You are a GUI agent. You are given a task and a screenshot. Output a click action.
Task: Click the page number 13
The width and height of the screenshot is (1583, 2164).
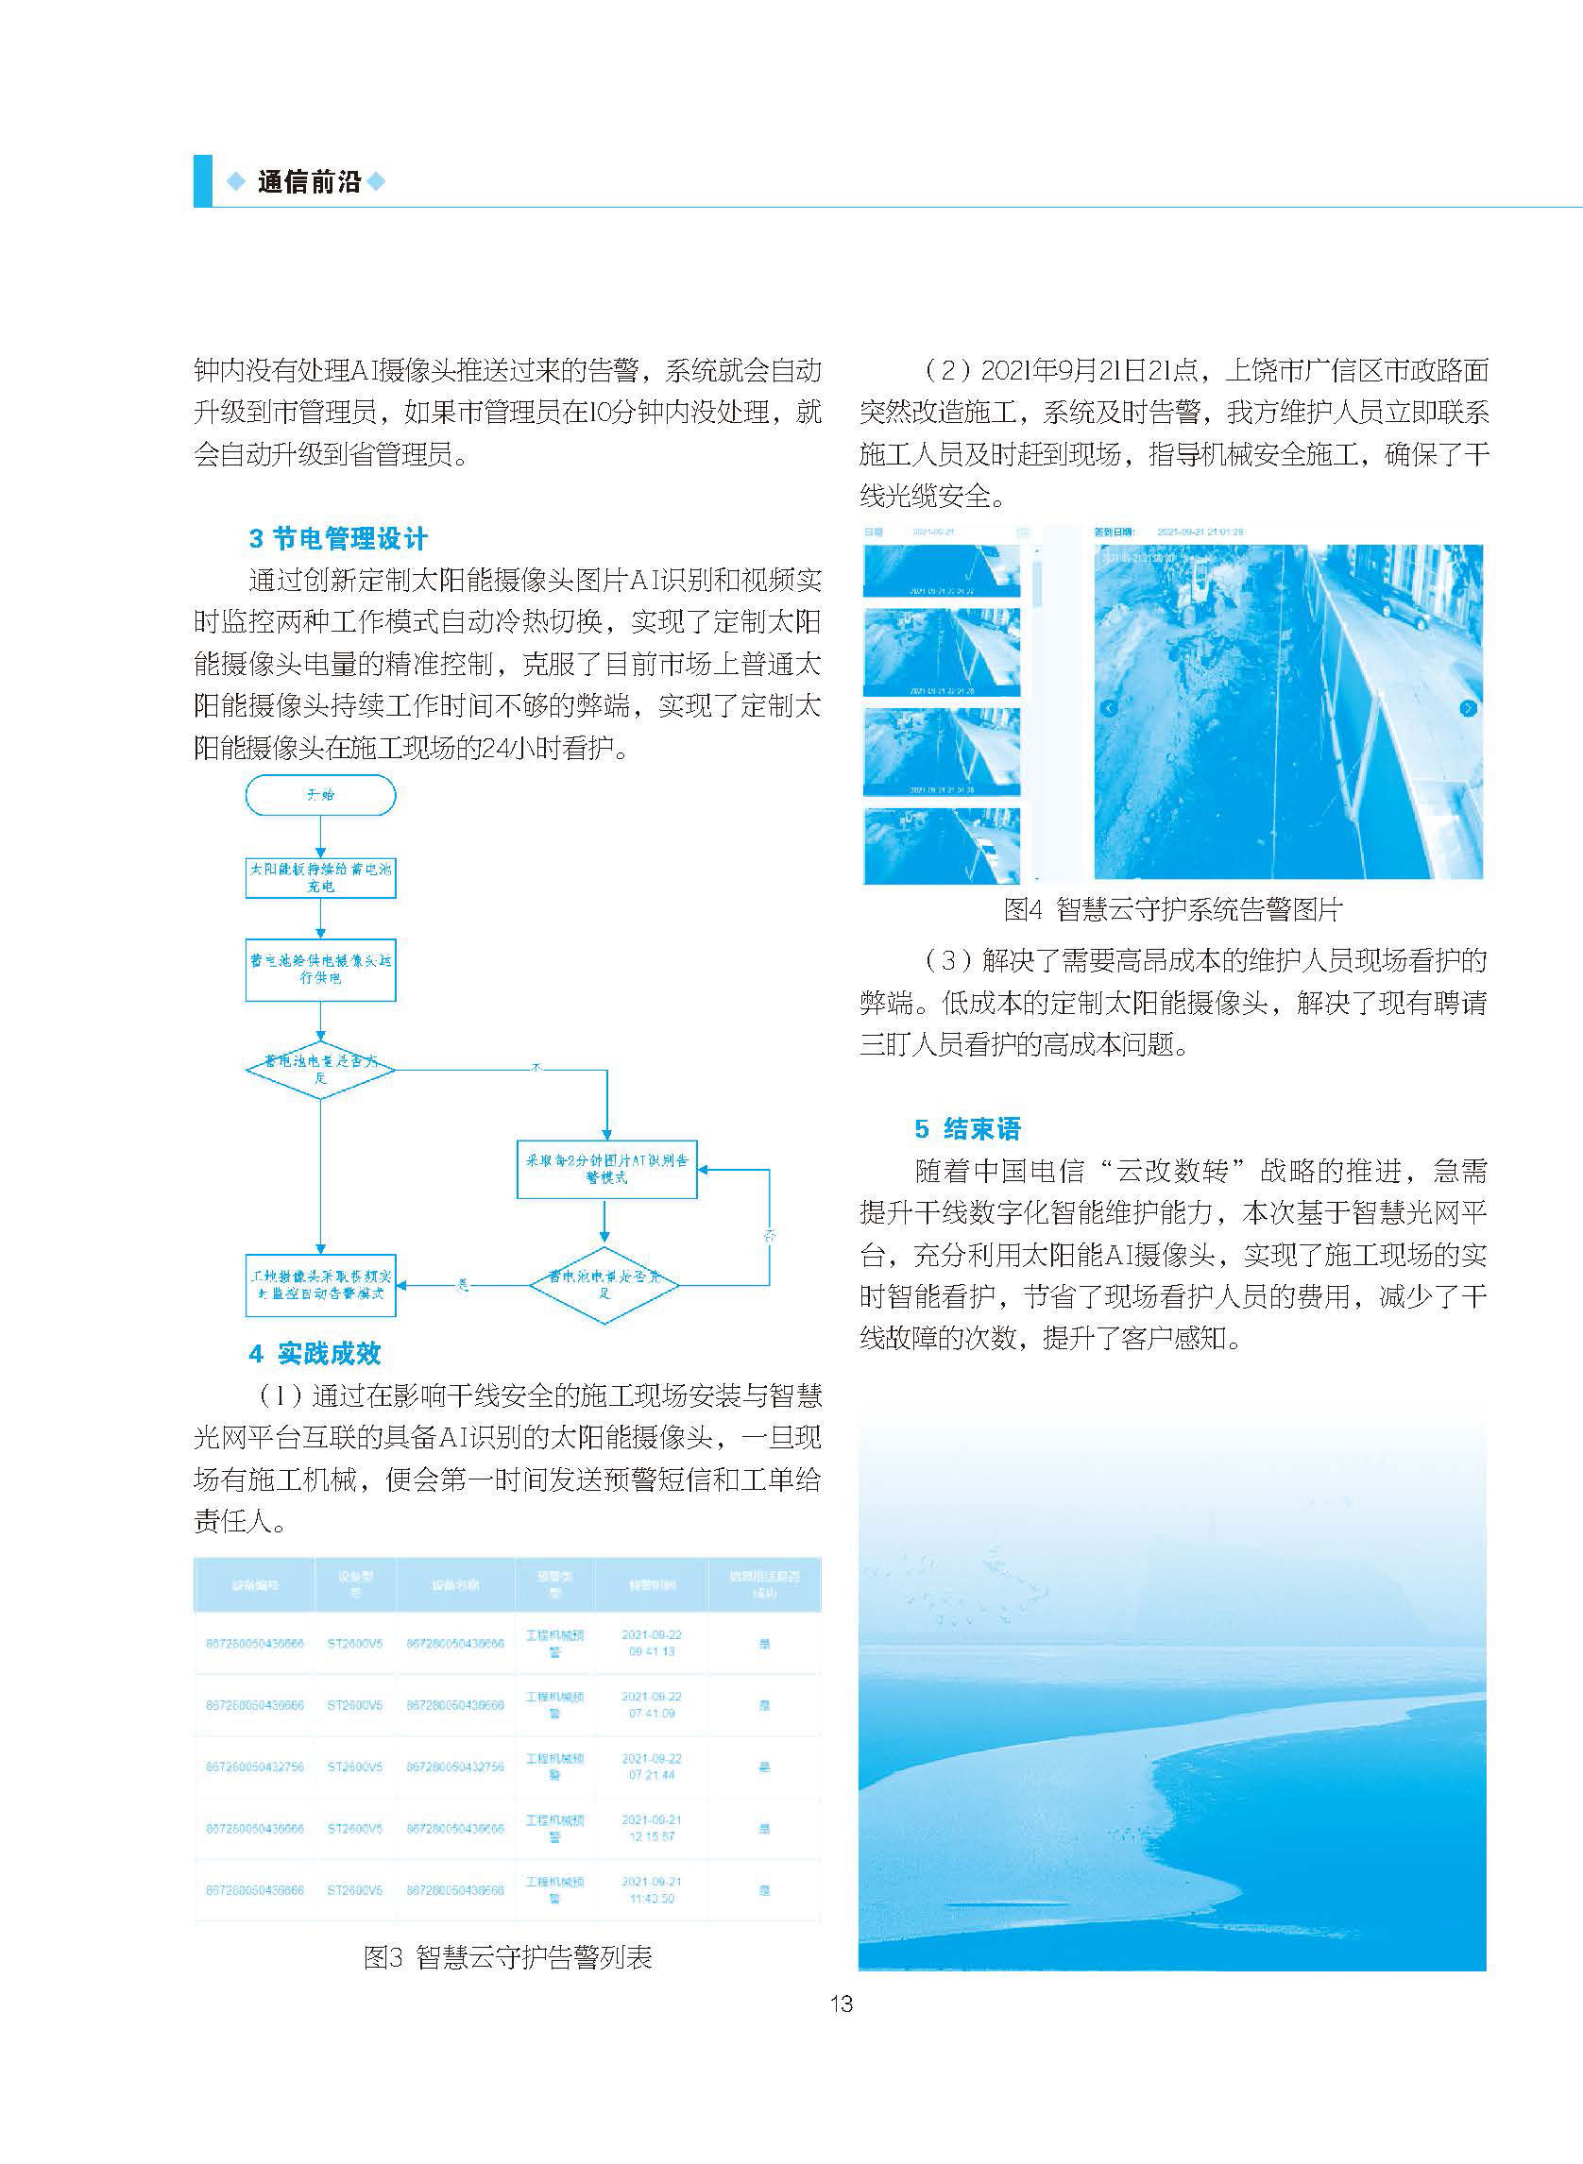(841, 2003)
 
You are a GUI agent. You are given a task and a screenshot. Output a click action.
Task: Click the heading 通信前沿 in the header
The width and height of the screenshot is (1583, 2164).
(309, 182)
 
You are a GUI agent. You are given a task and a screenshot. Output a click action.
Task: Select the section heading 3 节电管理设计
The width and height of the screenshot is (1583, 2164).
(338, 538)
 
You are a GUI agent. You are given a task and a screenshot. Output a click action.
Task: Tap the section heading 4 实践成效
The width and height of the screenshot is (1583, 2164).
(315, 1354)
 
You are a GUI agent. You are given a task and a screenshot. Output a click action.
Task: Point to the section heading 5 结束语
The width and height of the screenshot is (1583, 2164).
(968, 1128)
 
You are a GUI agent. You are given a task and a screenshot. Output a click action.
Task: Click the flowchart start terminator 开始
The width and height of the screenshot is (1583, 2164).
(320, 795)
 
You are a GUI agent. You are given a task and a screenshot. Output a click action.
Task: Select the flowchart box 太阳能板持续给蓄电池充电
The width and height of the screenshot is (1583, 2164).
(320, 877)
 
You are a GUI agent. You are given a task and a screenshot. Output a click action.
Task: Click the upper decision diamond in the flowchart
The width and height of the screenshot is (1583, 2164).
(320, 1069)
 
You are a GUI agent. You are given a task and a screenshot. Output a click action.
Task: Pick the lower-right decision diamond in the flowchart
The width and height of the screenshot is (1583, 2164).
(604, 1285)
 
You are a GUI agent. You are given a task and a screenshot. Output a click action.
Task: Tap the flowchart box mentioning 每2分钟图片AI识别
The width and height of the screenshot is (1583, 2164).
(606, 1169)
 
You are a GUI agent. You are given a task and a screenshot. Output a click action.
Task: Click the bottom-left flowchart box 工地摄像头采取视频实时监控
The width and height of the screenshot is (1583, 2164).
(320, 1285)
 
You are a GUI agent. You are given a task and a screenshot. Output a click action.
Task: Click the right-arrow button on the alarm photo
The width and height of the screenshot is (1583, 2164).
(1467, 708)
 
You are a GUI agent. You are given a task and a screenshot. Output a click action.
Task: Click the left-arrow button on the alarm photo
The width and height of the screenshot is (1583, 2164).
(1109, 708)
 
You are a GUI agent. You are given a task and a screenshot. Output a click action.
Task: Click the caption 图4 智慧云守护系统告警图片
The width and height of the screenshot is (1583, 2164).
(1173, 909)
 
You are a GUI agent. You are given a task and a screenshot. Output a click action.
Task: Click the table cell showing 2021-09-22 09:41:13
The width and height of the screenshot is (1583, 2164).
(652, 1643)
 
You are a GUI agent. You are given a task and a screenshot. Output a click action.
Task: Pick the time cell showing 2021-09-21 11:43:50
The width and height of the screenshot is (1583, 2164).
(652, 1890)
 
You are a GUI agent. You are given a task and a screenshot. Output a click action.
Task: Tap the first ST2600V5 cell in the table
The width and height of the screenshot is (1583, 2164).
(354, 1643)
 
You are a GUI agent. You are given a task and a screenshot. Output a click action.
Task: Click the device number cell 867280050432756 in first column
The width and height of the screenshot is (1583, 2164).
(255, 1767)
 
